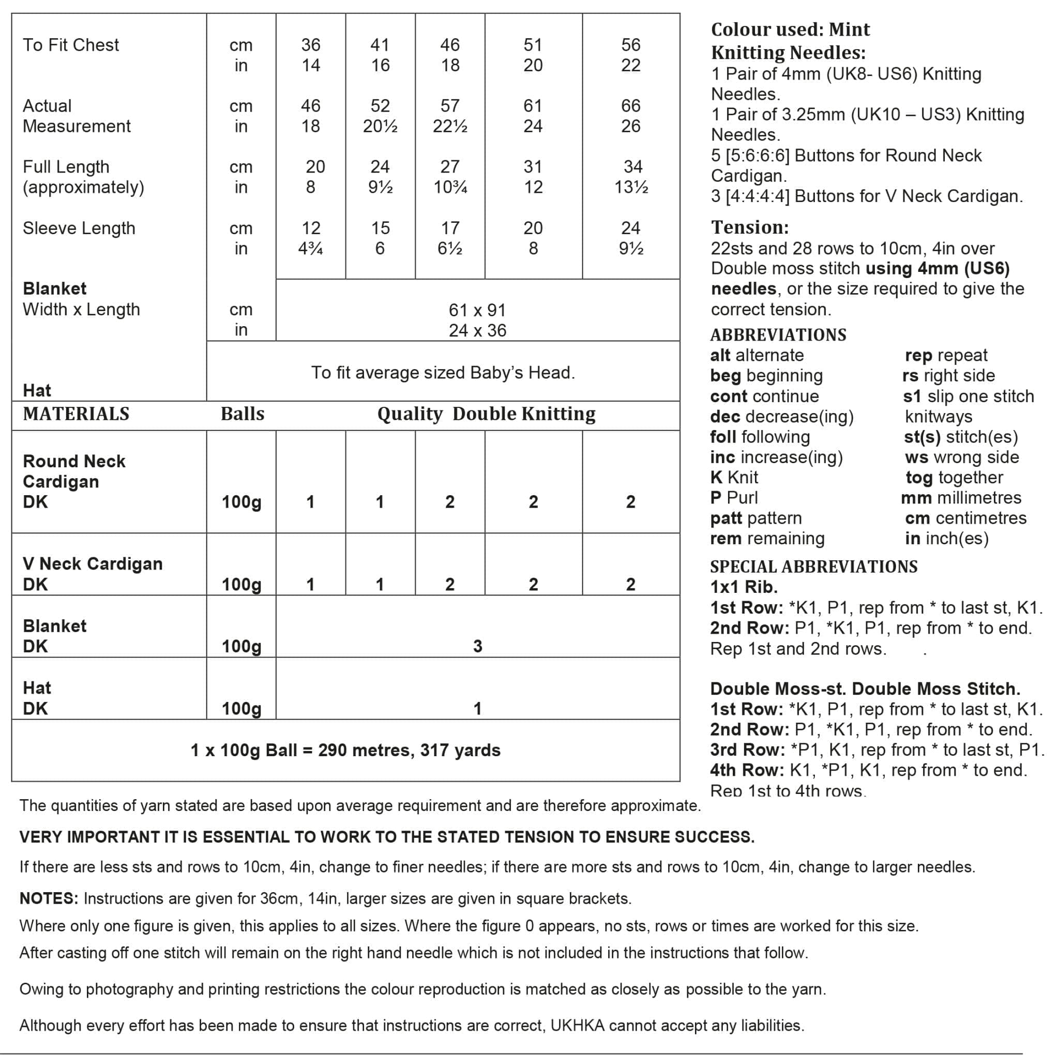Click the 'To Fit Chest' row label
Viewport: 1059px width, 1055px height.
[71, 45]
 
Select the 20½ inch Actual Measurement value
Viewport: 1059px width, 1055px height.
[380, 127]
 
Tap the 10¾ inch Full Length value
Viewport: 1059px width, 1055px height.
[450, 188]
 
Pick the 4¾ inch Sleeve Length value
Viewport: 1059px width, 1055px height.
[310, 249]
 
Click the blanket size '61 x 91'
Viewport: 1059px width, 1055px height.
[477, 310]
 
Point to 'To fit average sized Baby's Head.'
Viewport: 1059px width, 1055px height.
[443, 373]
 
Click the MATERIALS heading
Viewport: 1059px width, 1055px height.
[76, 414]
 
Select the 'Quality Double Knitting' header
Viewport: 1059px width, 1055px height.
[486, 414]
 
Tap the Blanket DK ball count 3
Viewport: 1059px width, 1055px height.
[477, 646]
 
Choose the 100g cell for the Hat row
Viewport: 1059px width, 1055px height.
[241, 709]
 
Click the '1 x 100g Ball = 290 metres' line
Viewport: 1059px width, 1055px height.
[345, 750]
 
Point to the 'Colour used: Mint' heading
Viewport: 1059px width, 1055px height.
[791, 29]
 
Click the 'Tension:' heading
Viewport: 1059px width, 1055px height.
[750, 227]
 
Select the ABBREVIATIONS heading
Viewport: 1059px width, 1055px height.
[778, 335]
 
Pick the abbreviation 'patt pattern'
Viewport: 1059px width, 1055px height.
[756, 518]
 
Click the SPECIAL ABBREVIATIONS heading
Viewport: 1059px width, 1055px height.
[814, 567]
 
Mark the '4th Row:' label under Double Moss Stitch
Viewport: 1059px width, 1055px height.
[747, 770]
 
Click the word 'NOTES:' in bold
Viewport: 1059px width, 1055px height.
[49, 899]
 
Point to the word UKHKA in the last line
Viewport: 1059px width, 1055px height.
[577, 1026]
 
